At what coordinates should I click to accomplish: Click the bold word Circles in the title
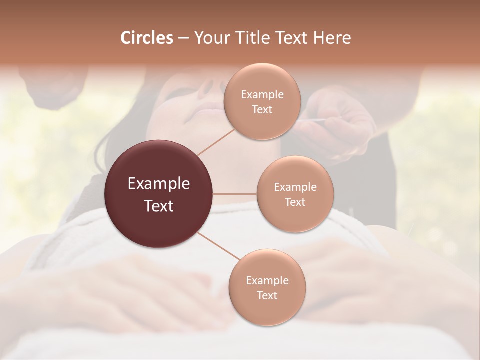pos(146,38)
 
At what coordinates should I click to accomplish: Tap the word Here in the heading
pos(332,38)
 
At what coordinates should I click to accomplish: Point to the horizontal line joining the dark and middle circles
pos(235,194)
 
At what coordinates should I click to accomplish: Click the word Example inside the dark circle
pos(159,184)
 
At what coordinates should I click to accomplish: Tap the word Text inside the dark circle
pos(159,206)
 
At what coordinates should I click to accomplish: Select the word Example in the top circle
pos(262,95)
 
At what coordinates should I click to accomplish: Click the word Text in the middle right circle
pos(295,202)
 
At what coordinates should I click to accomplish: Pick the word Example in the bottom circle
pos(267,281)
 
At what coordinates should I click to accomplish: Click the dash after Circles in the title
pos(183,38)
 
